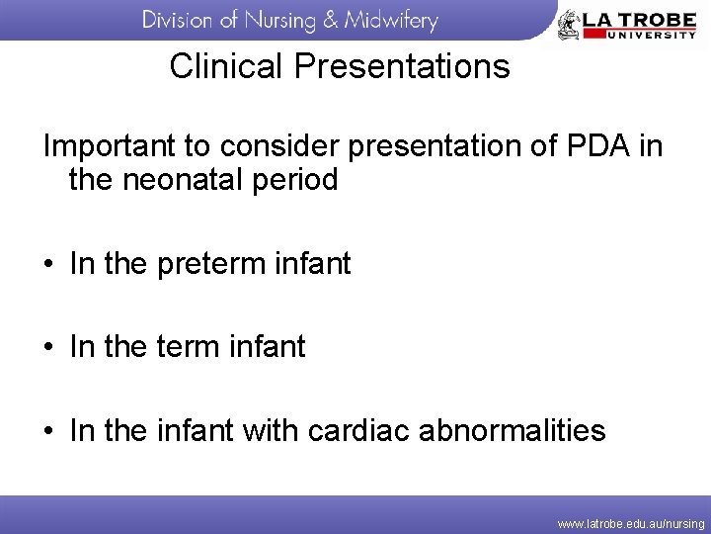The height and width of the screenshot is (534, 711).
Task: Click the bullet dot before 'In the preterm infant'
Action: [x=48, y=265]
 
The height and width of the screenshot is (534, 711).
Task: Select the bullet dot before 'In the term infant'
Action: [x=48, y=348]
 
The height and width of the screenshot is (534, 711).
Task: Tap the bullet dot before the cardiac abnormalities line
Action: [x=48, y=431]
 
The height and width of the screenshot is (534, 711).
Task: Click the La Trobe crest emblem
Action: [x=569, y=24]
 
